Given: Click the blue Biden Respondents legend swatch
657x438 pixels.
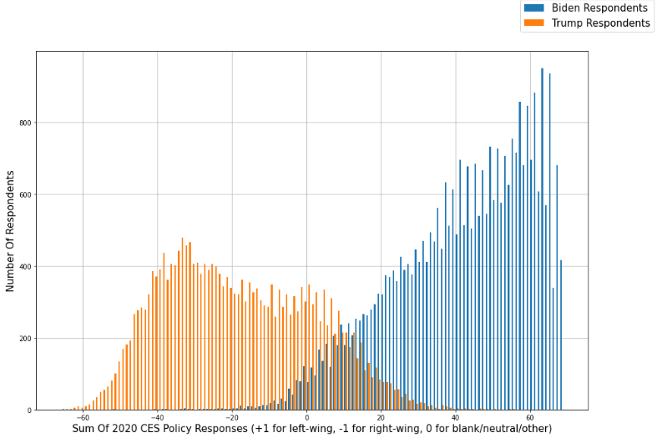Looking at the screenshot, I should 533,8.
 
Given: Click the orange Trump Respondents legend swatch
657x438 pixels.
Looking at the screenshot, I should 533,23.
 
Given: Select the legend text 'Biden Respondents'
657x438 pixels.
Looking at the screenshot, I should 599,8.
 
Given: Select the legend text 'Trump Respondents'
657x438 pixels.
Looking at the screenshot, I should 600,23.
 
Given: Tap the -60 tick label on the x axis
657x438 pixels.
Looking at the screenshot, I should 83,418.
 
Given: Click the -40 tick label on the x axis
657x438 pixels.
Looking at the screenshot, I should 157,418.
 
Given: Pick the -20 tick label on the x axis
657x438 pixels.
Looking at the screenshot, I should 231,418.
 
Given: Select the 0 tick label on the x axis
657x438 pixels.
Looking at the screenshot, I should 307,418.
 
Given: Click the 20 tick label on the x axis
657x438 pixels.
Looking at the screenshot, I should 381,418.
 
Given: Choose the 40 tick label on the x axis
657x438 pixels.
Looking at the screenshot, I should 455,418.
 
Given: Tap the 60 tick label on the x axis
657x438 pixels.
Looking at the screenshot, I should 529,418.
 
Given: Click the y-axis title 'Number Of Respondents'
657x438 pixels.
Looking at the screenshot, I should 11,230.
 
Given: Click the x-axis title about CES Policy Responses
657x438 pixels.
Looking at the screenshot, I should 311,429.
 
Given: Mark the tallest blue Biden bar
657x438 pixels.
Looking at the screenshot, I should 542,242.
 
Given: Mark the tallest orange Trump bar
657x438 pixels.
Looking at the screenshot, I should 182,325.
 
